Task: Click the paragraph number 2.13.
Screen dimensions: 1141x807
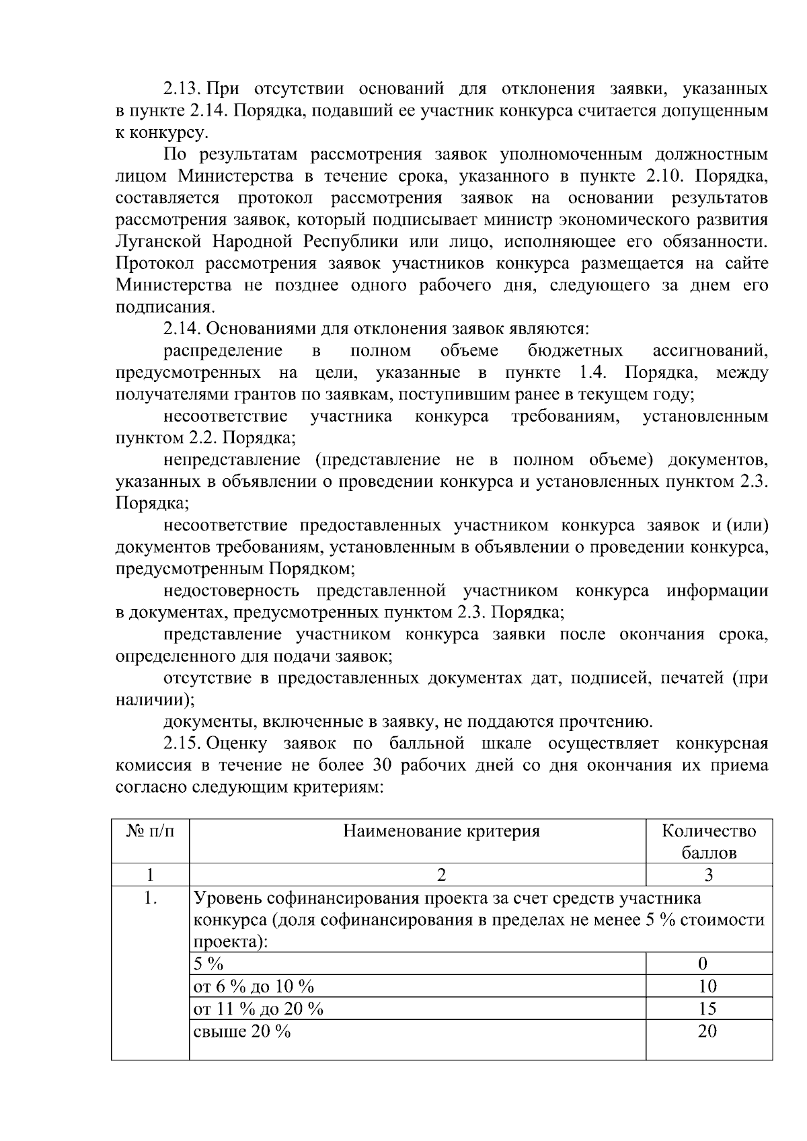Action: point(182,89)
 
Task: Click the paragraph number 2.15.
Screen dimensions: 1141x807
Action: point(182,744)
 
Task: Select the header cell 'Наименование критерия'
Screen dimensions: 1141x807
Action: point(441,832)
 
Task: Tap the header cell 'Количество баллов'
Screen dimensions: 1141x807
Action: point(709,842)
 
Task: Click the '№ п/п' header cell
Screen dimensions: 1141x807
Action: point(150,832)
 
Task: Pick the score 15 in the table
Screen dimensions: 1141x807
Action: point(707,1009)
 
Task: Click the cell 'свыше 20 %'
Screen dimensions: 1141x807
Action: point(242,1031)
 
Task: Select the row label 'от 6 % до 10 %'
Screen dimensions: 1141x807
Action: point(254,986)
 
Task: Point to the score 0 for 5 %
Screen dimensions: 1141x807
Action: point(703,964)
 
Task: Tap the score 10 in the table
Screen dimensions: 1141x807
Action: point(707,986)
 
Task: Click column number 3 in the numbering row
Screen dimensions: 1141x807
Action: point(708,875)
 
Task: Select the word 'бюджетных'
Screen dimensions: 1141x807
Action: point(575,351)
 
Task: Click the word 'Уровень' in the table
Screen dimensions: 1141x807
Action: point(227,898)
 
